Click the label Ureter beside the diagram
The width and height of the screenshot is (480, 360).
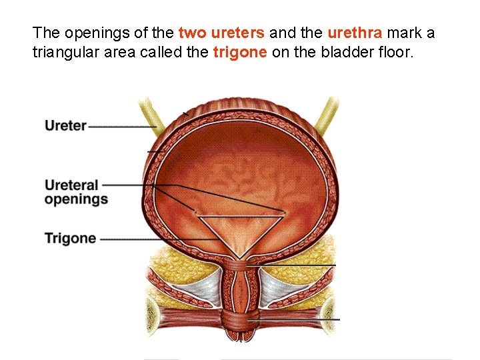tap(65, 125)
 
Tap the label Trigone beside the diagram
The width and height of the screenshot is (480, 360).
tap(70, 238)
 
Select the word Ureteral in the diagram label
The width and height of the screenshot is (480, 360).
tap(71, 185)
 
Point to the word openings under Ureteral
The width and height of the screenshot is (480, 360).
tap(76, 199)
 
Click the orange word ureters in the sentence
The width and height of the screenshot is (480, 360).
tap(238, 32)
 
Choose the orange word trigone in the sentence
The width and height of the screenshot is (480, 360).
tap(240, 53)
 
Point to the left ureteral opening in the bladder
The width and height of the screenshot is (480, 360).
tap(196, 213)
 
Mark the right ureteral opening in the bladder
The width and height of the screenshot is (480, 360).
tap(285, 213)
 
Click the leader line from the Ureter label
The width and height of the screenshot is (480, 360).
tap(120, 126)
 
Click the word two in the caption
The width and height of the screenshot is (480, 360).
tap(193, 32)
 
